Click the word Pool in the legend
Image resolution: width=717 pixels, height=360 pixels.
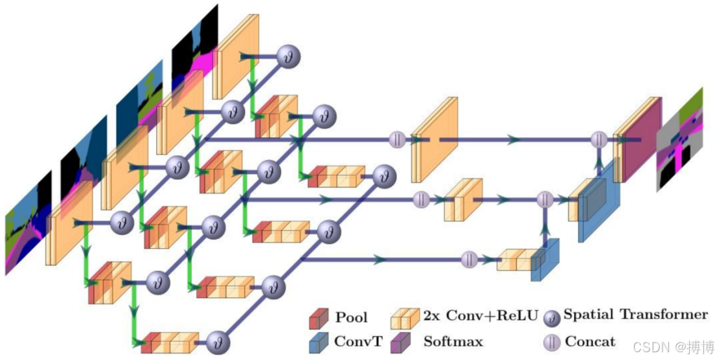point(351,317)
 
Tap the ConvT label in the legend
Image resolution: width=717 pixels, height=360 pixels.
point(358,341)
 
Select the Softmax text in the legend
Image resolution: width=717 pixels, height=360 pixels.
point(453,341)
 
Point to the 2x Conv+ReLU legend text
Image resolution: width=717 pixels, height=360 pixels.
point(480,317)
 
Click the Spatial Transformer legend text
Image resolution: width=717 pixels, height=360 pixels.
point(635,314)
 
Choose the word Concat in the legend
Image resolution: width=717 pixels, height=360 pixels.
point(590,341)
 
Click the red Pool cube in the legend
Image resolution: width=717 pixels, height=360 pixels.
point(319,318)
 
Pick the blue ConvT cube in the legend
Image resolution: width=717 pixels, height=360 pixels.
point(319,342)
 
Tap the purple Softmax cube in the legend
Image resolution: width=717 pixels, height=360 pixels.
point(400,342)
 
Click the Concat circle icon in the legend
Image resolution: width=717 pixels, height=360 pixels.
point(552,342)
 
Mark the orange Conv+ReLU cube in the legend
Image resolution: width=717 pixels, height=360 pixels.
point(405,318)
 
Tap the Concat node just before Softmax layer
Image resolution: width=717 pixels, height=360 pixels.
point(598,139)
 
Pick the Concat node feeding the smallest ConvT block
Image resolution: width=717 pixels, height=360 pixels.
point(469,260)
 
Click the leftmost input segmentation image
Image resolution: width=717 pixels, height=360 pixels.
point(28,223)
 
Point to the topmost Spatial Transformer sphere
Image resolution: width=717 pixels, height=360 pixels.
point(289,56)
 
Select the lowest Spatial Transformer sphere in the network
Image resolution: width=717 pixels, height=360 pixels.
point(218,343)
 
